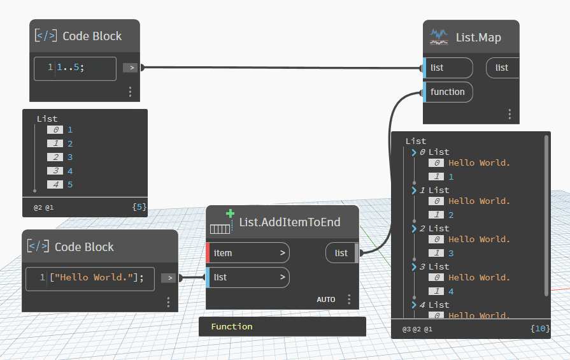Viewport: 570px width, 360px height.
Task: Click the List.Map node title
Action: point(478,37)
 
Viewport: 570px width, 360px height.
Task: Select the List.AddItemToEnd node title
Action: point(290,222)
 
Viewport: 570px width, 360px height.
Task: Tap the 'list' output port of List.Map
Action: point(502,68)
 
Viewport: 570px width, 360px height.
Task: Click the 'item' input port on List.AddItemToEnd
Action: point(248,253)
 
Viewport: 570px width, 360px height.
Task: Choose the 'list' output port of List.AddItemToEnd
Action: point(342,253)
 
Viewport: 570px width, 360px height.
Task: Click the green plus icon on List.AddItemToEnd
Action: point(230,214)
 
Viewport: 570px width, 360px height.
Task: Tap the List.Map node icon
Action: point(439,36)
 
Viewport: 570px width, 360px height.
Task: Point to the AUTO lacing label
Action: point(325,299)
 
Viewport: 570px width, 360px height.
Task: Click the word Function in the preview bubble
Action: point(232,326)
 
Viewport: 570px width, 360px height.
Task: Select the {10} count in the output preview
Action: point(538,329)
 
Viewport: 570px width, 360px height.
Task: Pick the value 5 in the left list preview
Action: point(70,185)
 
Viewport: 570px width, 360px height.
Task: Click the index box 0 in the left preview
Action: point(55,129)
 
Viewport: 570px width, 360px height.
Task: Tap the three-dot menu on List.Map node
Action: point(509,114)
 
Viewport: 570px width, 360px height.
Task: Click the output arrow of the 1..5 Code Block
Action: point(131,68)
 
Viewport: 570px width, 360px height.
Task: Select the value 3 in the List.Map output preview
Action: point(451,253)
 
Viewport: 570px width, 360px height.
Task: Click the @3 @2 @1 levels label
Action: point(417,329)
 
